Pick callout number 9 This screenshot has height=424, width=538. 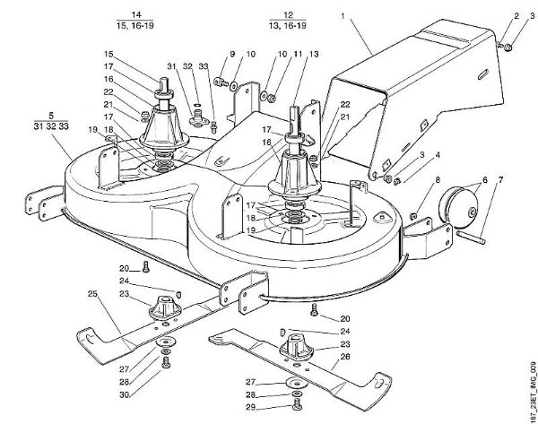coord(219,53)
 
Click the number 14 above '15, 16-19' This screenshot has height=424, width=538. coord(136,16)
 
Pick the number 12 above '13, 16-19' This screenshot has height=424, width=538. coord(288,16)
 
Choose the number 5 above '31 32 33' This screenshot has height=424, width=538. coord(51,117)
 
